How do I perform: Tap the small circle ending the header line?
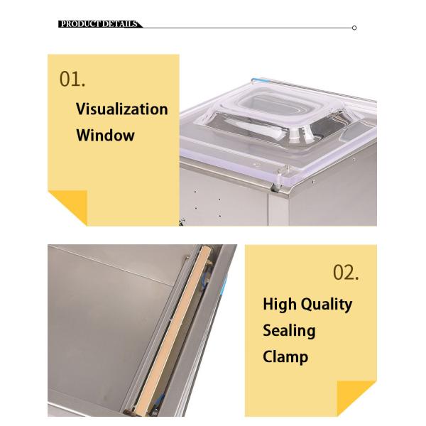[354, 28]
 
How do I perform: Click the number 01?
[72, 79]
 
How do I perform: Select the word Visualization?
[121, 109]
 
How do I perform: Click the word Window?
[104, 135]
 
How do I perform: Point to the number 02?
[346, 273]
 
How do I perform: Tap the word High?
[280, 304]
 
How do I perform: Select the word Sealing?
[289, 330]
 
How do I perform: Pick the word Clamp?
[285, 356]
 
